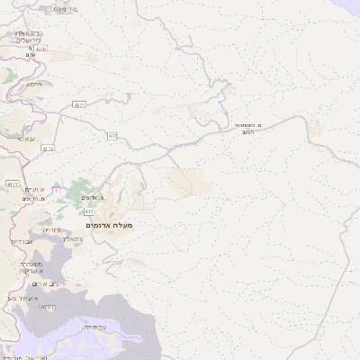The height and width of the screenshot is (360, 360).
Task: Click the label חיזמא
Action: [34, 84]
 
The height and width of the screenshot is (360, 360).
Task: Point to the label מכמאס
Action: [65, 9]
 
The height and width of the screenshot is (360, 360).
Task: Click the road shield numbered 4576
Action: [79, 105]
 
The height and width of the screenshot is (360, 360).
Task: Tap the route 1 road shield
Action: [56, 191]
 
